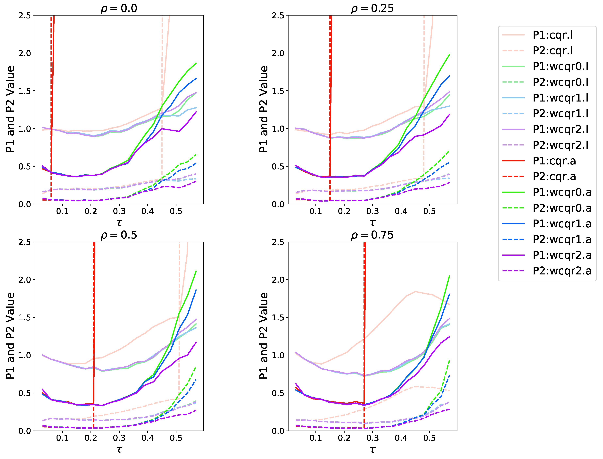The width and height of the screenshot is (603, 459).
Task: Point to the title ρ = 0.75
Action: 372,235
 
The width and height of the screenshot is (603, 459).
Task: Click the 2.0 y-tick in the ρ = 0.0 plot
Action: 25,53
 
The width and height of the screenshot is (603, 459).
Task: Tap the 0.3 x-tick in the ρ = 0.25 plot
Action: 372,211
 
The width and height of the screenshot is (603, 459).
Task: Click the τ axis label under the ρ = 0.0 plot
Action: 119,223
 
